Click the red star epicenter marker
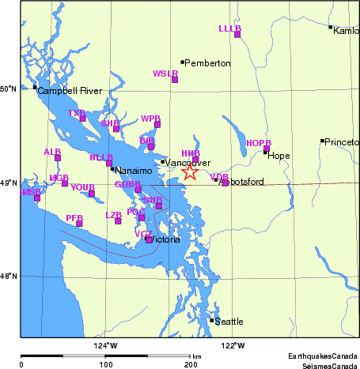190,172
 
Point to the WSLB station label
165,73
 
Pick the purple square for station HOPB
267,149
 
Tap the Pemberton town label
209,62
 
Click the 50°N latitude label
9,88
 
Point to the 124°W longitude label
105,345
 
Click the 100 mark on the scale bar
105,366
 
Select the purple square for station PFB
79,224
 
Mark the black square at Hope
265,152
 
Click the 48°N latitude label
9,276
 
